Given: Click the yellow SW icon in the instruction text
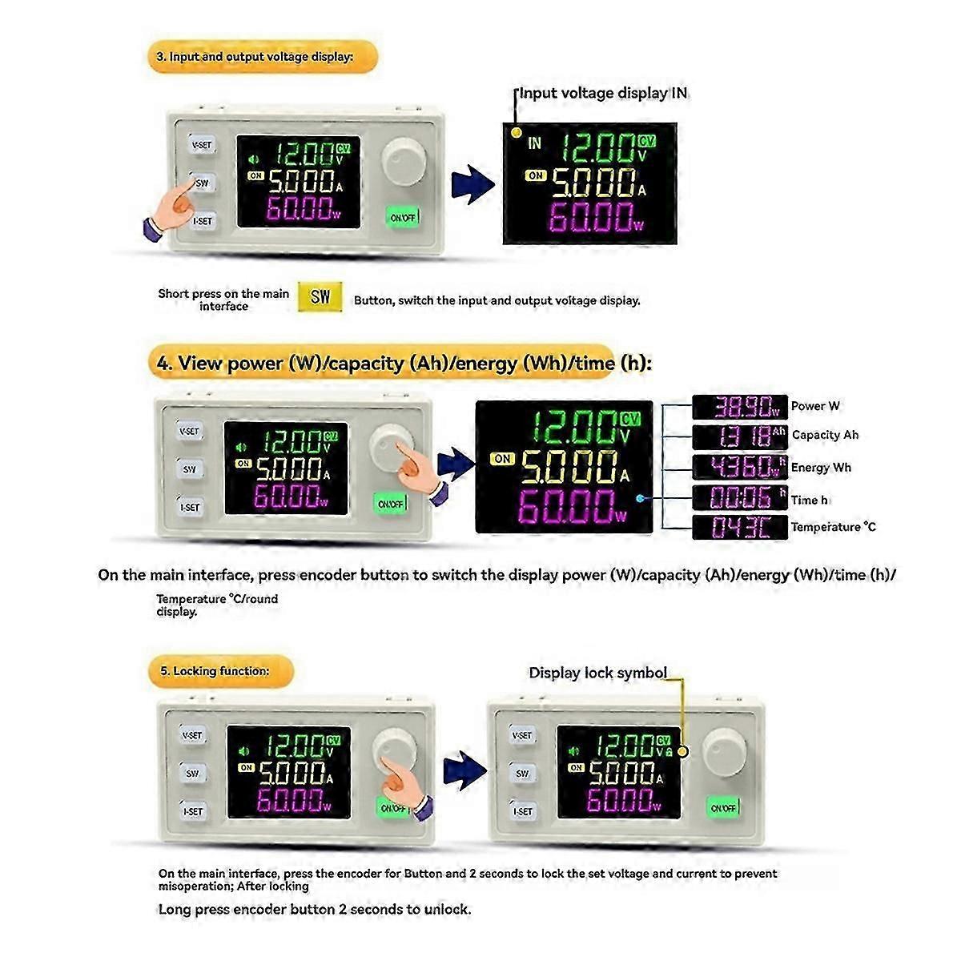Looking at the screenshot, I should (x=320, y=297).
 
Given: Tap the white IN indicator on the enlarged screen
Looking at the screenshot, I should (x=534, y=143).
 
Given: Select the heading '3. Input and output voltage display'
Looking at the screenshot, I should (x=261, y=58).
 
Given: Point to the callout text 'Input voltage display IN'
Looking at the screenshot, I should (x=603, y=93).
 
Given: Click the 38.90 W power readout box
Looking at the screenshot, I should (x=739, y=408).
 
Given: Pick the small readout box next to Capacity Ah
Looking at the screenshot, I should (x=739, y=436).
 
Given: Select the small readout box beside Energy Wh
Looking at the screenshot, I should (x=739, y=467).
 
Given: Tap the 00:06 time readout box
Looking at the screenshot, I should (x=739, y=498).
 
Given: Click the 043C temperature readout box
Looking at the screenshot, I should (x=739, y=527).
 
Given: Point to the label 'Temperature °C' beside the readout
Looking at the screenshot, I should (x=833, y=527).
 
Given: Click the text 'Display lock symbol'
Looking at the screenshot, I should (x=597, y=673).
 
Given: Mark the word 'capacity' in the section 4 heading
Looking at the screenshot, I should (x=366, y=364).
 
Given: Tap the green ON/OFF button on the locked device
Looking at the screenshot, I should (x=723, y=808).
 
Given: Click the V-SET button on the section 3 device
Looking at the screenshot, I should (x=202, y=145).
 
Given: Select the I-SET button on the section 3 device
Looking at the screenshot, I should (x=202, y=220).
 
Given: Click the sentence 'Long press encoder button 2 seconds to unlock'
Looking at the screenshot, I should (x=315, y=910).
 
